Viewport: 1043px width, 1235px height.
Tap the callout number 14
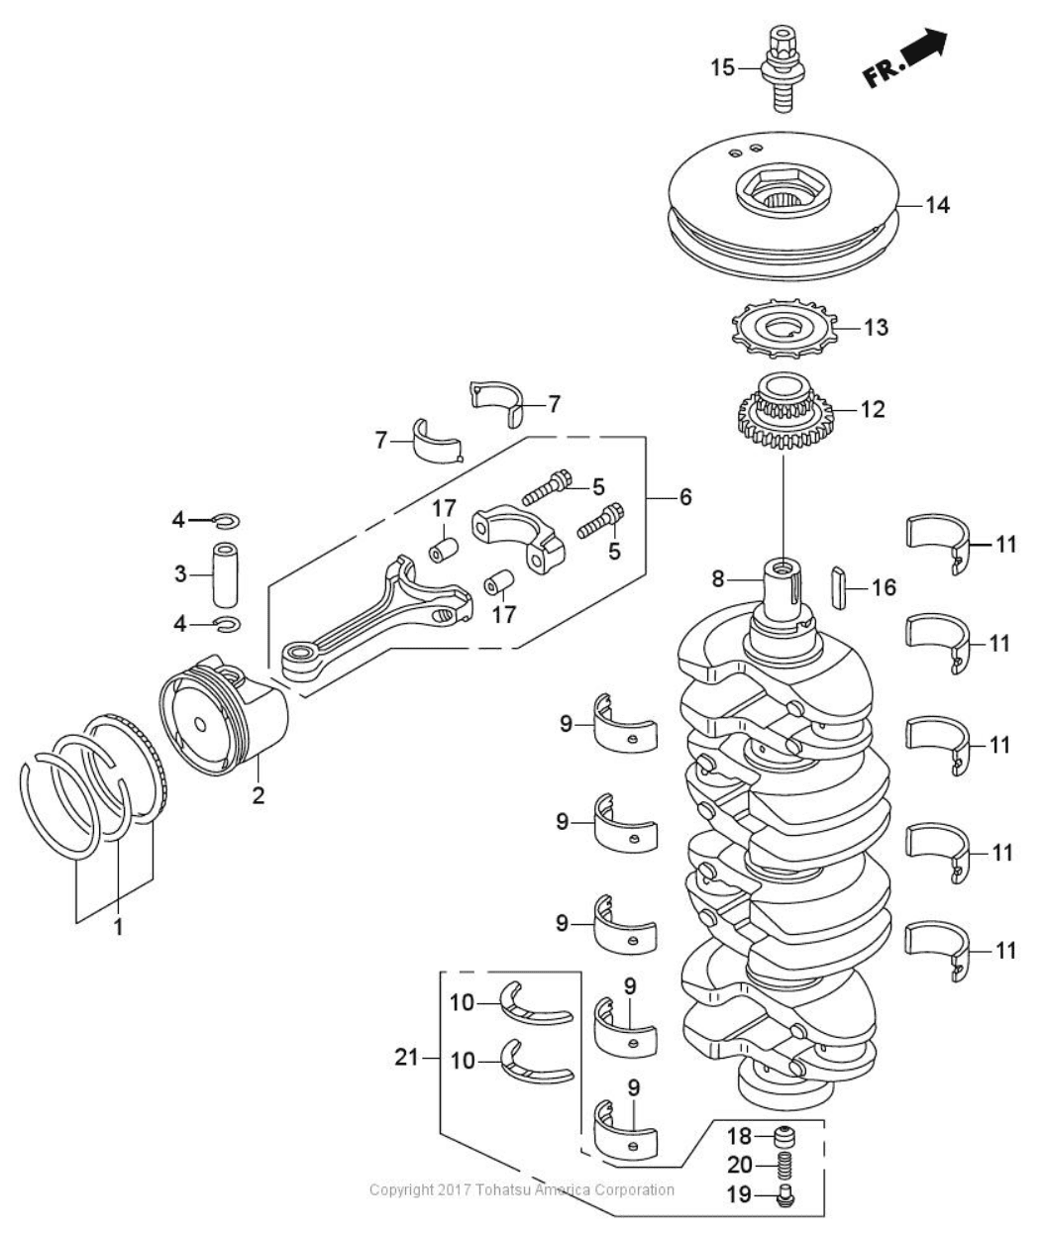click(936, 205)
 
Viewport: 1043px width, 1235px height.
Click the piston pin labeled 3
click(226, 571)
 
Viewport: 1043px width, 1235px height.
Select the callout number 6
click(684, 496)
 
